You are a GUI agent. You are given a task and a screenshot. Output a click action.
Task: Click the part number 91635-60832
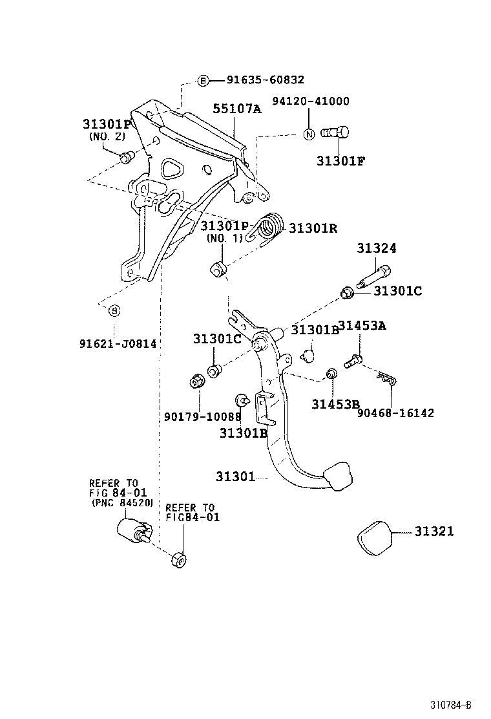click(266, 80)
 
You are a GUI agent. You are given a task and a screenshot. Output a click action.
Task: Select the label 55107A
click(237, 109)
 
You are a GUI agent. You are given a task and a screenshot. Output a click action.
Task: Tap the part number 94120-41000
click(311, 101)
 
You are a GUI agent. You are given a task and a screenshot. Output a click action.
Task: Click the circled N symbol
click(309, 134)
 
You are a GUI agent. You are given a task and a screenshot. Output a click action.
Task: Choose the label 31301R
click(313, 228)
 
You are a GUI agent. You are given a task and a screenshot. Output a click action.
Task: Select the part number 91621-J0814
click(118, 343)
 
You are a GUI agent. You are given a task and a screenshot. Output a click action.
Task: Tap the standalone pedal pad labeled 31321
click(375, 538)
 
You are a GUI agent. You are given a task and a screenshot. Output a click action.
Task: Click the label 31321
click(434, 531)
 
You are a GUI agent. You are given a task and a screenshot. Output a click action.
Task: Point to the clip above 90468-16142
click(386, 378)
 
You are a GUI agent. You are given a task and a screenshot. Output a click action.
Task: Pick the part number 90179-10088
click(202, 416)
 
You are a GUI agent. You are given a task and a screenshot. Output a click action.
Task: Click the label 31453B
click(336, 404)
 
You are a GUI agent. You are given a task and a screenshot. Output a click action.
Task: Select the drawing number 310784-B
click(451, 705)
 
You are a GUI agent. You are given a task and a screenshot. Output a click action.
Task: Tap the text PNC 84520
click(123, 502)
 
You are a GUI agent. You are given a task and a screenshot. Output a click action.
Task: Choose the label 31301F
click(340, 161)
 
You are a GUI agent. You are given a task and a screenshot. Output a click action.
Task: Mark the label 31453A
click(362, 326)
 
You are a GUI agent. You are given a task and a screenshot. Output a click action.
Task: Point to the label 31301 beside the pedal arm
click(235, 477)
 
